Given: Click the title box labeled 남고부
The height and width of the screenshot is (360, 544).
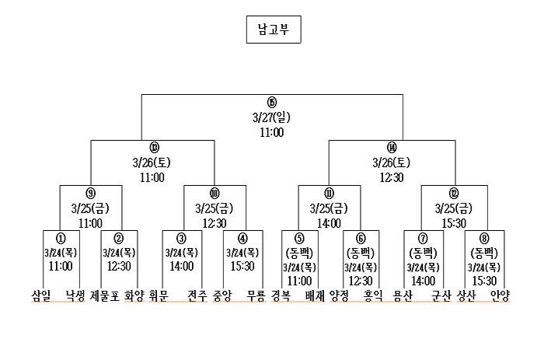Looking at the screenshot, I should pyautogui.click(x=272, y=31).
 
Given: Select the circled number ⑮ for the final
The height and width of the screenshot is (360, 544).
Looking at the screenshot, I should pyautogui.click(x=271, y=103).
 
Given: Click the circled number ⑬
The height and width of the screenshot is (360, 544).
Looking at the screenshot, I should pyautogui.click(x=153, y=148).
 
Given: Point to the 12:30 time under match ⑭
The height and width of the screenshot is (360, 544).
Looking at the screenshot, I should pyautogui.click(x=392, y=177).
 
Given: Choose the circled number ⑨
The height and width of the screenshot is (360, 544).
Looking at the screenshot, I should pyautogui.click(x=90, y=194).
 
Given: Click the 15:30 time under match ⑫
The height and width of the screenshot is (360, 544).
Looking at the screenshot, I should pyautogui.click(x=454, y=223).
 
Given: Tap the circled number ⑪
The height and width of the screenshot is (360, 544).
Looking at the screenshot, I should pyautogui.click(x=330, y=194).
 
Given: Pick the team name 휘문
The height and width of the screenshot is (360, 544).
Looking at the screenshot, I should pyautogui.click(x=158, y=295).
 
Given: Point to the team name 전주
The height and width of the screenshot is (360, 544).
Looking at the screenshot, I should pyautogui.click(x=197, y=295).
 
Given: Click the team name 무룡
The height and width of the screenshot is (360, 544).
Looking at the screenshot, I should pyautogui.click(x=256, y=295).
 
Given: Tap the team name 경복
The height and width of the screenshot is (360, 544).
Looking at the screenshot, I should pyautogui.click(x=281, y=295).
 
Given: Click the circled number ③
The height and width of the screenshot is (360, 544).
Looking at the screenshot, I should pyautogui.click(x=181, y=239).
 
